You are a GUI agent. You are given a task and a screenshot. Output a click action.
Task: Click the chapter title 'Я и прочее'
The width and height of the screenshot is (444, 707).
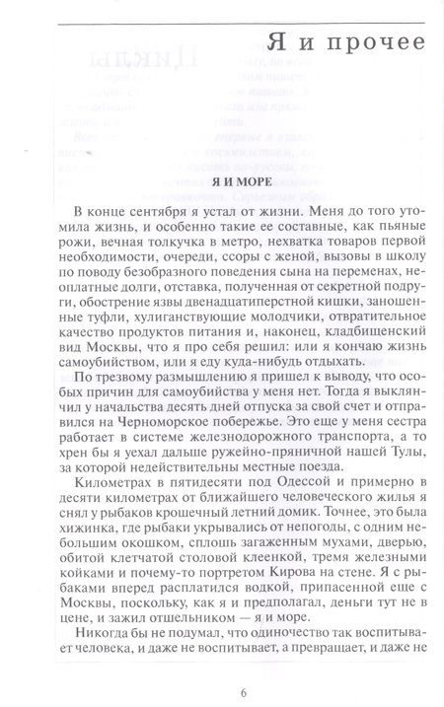(345, 42)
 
